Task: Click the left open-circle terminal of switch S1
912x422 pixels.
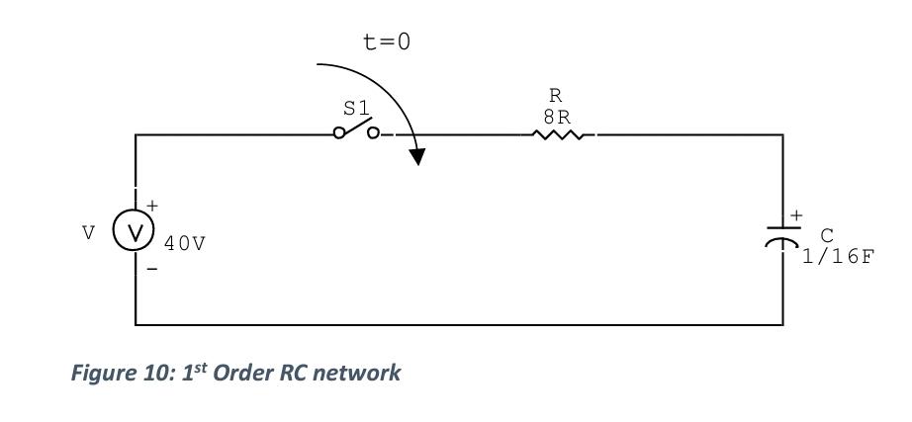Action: [339, 134]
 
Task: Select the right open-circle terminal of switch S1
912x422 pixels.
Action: [373, 134]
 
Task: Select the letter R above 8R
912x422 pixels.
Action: [556, 96]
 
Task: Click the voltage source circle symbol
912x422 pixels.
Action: [134, 232]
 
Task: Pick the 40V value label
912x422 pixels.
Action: [185, 243]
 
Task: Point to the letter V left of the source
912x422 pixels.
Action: [89, 233]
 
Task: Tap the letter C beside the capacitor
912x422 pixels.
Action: [826, 235]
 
